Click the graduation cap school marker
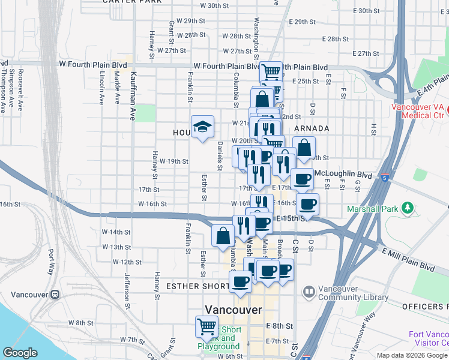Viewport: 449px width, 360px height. coord(203,127)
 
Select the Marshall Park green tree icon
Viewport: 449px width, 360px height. coord(408,208)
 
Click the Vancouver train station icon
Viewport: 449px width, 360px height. coord(55,295)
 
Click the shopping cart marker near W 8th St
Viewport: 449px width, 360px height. coord(206,327)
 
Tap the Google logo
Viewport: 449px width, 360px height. coord(20,353)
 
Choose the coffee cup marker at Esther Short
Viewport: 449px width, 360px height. coord(241,281)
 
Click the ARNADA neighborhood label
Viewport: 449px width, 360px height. coord(312,128)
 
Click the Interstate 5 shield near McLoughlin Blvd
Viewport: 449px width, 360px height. coord(385,178)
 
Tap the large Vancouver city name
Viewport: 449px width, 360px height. coord(234,310)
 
